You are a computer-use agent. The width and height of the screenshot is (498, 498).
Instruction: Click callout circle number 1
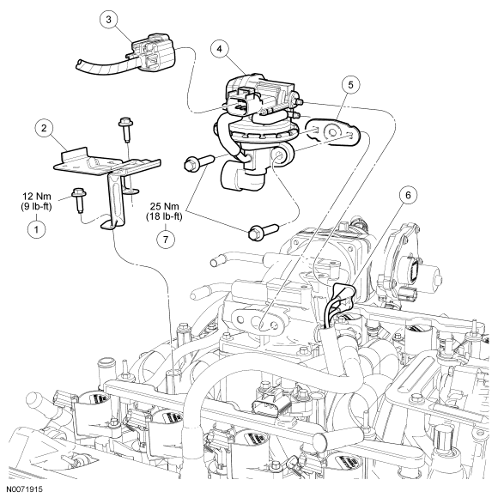pos(36,229)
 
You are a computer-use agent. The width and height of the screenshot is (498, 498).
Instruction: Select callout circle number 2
pos(44,128)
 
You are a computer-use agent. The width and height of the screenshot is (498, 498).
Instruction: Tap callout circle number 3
pos(109,20)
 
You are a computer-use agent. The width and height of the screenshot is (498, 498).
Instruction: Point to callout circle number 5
pos(350,85)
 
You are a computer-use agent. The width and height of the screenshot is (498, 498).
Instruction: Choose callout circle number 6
pos(408,195)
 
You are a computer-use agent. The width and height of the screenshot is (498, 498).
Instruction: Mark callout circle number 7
pos(166,239)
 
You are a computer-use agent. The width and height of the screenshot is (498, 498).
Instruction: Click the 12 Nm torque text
pos(36,197)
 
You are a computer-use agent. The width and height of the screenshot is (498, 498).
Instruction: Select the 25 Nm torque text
pos(164,206)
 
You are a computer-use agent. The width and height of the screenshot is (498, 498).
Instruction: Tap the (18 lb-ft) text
pos(164,217)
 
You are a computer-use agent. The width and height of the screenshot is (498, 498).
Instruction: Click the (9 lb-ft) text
pos(35,206)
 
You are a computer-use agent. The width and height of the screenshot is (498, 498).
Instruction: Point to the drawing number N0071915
pos(21,489)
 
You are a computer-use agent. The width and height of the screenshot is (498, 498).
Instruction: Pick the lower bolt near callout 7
pos(264,232)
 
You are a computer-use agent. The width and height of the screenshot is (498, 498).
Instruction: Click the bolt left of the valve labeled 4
pos(199,162)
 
